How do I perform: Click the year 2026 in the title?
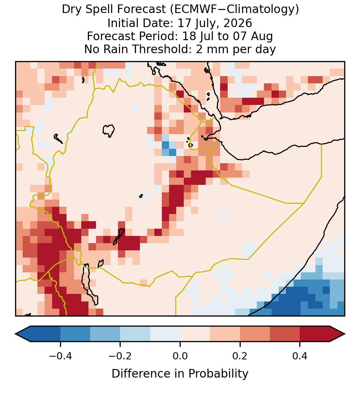pos(238,23)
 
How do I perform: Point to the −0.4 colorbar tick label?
pos(60,356)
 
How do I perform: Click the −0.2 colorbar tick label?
pos(120,356)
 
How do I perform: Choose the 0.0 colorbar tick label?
pos(180,356)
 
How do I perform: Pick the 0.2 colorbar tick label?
pos(240,356)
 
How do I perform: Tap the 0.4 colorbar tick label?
pos(300,356)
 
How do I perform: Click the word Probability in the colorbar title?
pos(218,374)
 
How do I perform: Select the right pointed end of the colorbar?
pos(345,334)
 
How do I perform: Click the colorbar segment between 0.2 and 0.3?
pos(255,334)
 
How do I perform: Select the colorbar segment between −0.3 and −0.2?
pos(105,334)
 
